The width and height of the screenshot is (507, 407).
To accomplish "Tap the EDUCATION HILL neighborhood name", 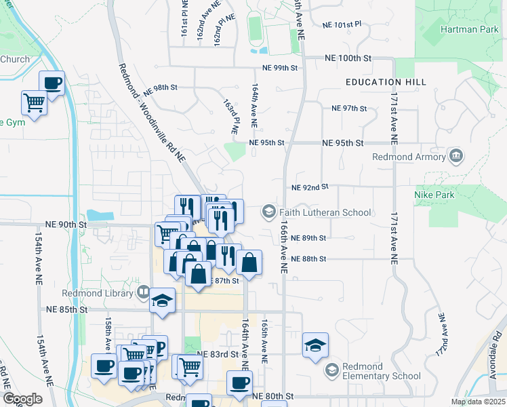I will tap(386, 82).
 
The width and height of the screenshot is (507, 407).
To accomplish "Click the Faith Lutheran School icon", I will tap(268, 212).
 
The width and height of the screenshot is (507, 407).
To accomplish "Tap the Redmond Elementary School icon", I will tap(332, 370).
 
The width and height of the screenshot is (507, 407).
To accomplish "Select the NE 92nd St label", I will tap(310, 187).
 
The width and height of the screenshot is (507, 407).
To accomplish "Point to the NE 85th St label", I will tap(67, 309).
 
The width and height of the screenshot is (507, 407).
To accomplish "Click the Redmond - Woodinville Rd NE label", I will tap(151, 113).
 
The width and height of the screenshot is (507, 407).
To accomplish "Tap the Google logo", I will tap(22, 399).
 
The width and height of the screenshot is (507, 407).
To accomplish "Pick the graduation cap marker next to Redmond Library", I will tap(163, 301).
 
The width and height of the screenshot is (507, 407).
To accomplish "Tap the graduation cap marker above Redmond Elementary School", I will tap(315, 346).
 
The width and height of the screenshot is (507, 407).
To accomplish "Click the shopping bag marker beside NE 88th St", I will tap(249, 263).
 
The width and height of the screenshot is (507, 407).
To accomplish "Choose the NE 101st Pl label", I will tap(342, 24).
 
